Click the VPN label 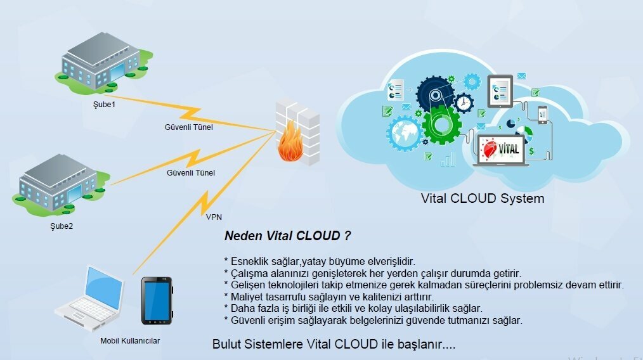coord(214,216)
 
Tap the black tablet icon coord(156,300)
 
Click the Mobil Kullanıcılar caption coord(130,341)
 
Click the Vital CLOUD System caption coord(483,198)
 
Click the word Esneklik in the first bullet coord(249,261)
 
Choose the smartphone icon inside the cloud coord(542,114)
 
